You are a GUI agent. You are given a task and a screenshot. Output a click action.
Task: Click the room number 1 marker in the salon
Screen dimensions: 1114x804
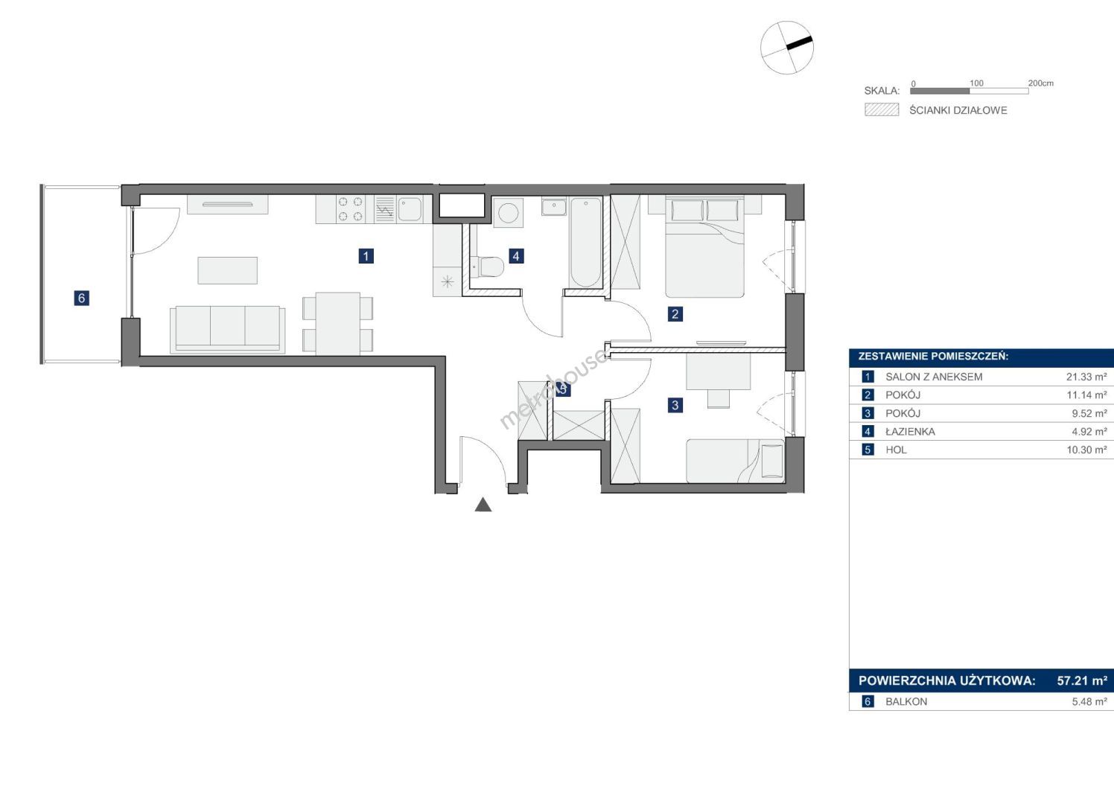coord(366,256)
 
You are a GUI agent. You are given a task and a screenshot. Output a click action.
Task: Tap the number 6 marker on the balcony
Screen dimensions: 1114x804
coord(82,298)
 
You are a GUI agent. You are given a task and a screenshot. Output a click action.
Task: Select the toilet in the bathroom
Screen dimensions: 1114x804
coord(487,267)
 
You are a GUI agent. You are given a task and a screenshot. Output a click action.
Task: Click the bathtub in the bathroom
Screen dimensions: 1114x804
coord(586,242)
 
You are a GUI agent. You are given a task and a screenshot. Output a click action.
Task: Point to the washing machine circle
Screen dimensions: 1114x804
coord(509,214)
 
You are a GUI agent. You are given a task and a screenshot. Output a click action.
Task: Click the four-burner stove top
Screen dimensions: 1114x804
coord(350,209)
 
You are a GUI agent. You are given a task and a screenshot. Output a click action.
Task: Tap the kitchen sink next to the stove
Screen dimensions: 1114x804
coord(410,209)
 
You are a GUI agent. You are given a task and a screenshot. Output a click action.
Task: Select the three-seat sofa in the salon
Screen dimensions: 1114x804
coord(228,329)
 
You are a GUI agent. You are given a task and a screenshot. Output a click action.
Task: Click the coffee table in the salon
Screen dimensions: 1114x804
coord(228,270)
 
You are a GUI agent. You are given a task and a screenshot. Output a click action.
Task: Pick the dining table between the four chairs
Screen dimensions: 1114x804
coord(337,323)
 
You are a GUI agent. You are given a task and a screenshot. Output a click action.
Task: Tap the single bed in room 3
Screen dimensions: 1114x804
coord(735,460)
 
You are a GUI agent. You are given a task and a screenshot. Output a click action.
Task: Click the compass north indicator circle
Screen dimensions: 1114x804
coord(787,48)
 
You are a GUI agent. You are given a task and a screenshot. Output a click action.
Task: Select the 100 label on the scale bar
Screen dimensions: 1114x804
coord(976,83)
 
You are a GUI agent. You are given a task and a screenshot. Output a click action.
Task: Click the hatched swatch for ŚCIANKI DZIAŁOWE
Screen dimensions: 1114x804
coord(882,109)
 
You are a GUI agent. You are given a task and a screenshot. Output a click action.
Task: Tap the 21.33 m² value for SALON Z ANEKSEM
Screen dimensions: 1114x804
coord(1086,377)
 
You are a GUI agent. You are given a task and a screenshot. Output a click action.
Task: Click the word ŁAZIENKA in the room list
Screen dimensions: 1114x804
coord(910,432)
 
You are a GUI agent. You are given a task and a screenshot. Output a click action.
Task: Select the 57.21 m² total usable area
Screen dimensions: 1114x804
coord(1082,680)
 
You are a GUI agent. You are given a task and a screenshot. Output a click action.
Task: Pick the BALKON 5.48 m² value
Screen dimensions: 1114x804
coord(1089,701)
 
